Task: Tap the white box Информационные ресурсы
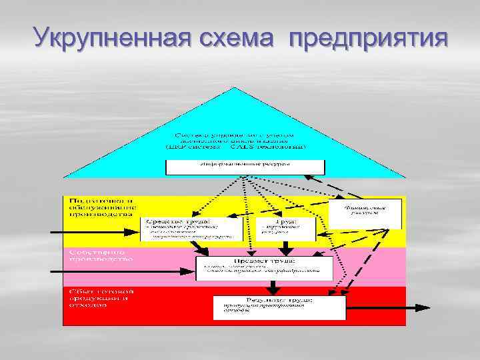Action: point(245,167)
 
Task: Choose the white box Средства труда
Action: point(188,228)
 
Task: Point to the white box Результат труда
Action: point(279,307)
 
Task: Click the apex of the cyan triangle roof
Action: point(233,89)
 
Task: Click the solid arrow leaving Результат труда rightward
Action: point(387,308)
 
